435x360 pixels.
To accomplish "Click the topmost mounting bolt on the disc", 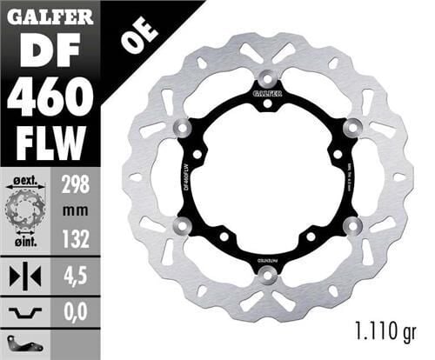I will tap(267, 76).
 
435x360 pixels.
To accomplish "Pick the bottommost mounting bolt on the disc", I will tap(267, 277).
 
